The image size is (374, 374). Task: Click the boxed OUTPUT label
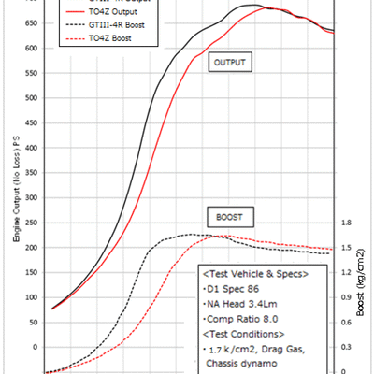coord(234,62)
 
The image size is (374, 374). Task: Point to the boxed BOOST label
coord(228,215)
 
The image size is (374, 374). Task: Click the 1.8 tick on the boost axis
coord(345,223)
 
